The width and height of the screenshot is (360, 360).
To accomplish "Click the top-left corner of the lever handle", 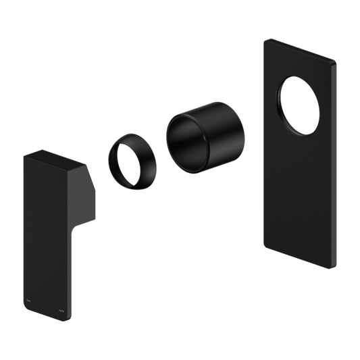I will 24,155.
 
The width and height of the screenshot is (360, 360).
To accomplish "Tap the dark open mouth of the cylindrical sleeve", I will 186,138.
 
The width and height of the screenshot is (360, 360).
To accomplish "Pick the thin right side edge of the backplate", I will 334,169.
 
